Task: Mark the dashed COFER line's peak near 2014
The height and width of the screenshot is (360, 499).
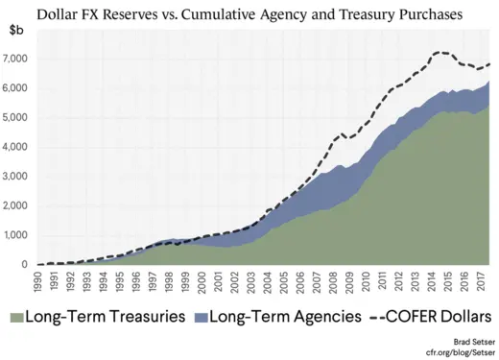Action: (440, 52)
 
